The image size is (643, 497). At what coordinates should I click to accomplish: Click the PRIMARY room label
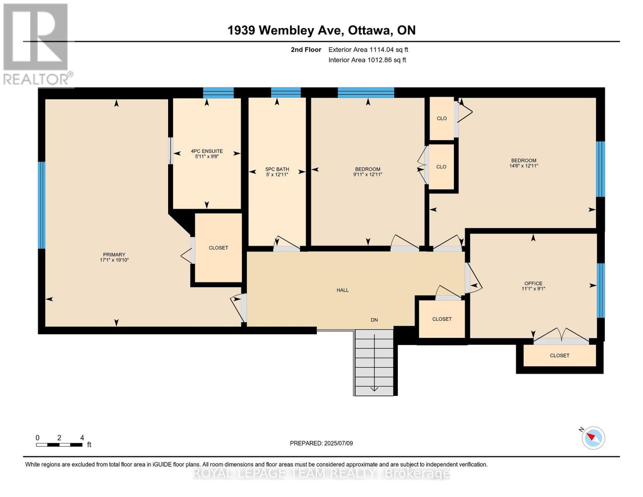pyautogui.click(x=114, y=255)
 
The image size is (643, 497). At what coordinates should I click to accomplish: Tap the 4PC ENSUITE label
pyautogui.click(x=207, y=151)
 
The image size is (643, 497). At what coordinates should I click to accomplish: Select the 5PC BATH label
pyautogui.click(x=277, y=169)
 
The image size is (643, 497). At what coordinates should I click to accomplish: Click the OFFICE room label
pyautogui.click(x=533, y=283)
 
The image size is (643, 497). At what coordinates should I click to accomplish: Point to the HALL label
pyautogui.click(x=342, y=290)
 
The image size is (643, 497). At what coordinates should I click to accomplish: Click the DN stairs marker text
pyautogui.click(x=374, y=320)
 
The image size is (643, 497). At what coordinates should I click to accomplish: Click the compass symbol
pyautogui.click(x=593, y=437)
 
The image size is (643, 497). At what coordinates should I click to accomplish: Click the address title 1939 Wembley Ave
pyautogui.click(x=321, y=30)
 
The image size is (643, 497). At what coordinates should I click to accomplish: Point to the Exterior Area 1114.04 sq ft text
pyautogui.click(x=368, y=50)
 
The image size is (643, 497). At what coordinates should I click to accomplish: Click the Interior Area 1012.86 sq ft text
pyautogui.click(x=367, y=60)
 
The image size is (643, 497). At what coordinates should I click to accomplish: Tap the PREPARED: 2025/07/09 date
pyautogui.click(x=321, y=443)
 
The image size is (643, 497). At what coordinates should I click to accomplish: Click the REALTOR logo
pyautogui.click(x=36, y=44)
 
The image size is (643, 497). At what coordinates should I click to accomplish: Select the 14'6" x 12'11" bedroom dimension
pyautogui.click(x=523, y=166)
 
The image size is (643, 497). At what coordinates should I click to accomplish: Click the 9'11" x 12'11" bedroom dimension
pyautogui.click(x=367, y=174)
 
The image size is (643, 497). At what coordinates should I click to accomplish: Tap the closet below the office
pyautogui.click(x=559, y=355)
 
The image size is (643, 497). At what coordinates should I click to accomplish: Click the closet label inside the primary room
pyautogui.click(x=218, y=248)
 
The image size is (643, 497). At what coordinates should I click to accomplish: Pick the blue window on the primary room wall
pyautogui.click(x=41, y=205)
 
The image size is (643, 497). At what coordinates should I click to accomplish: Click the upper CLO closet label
pyautogui.click(x=441, y=118)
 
